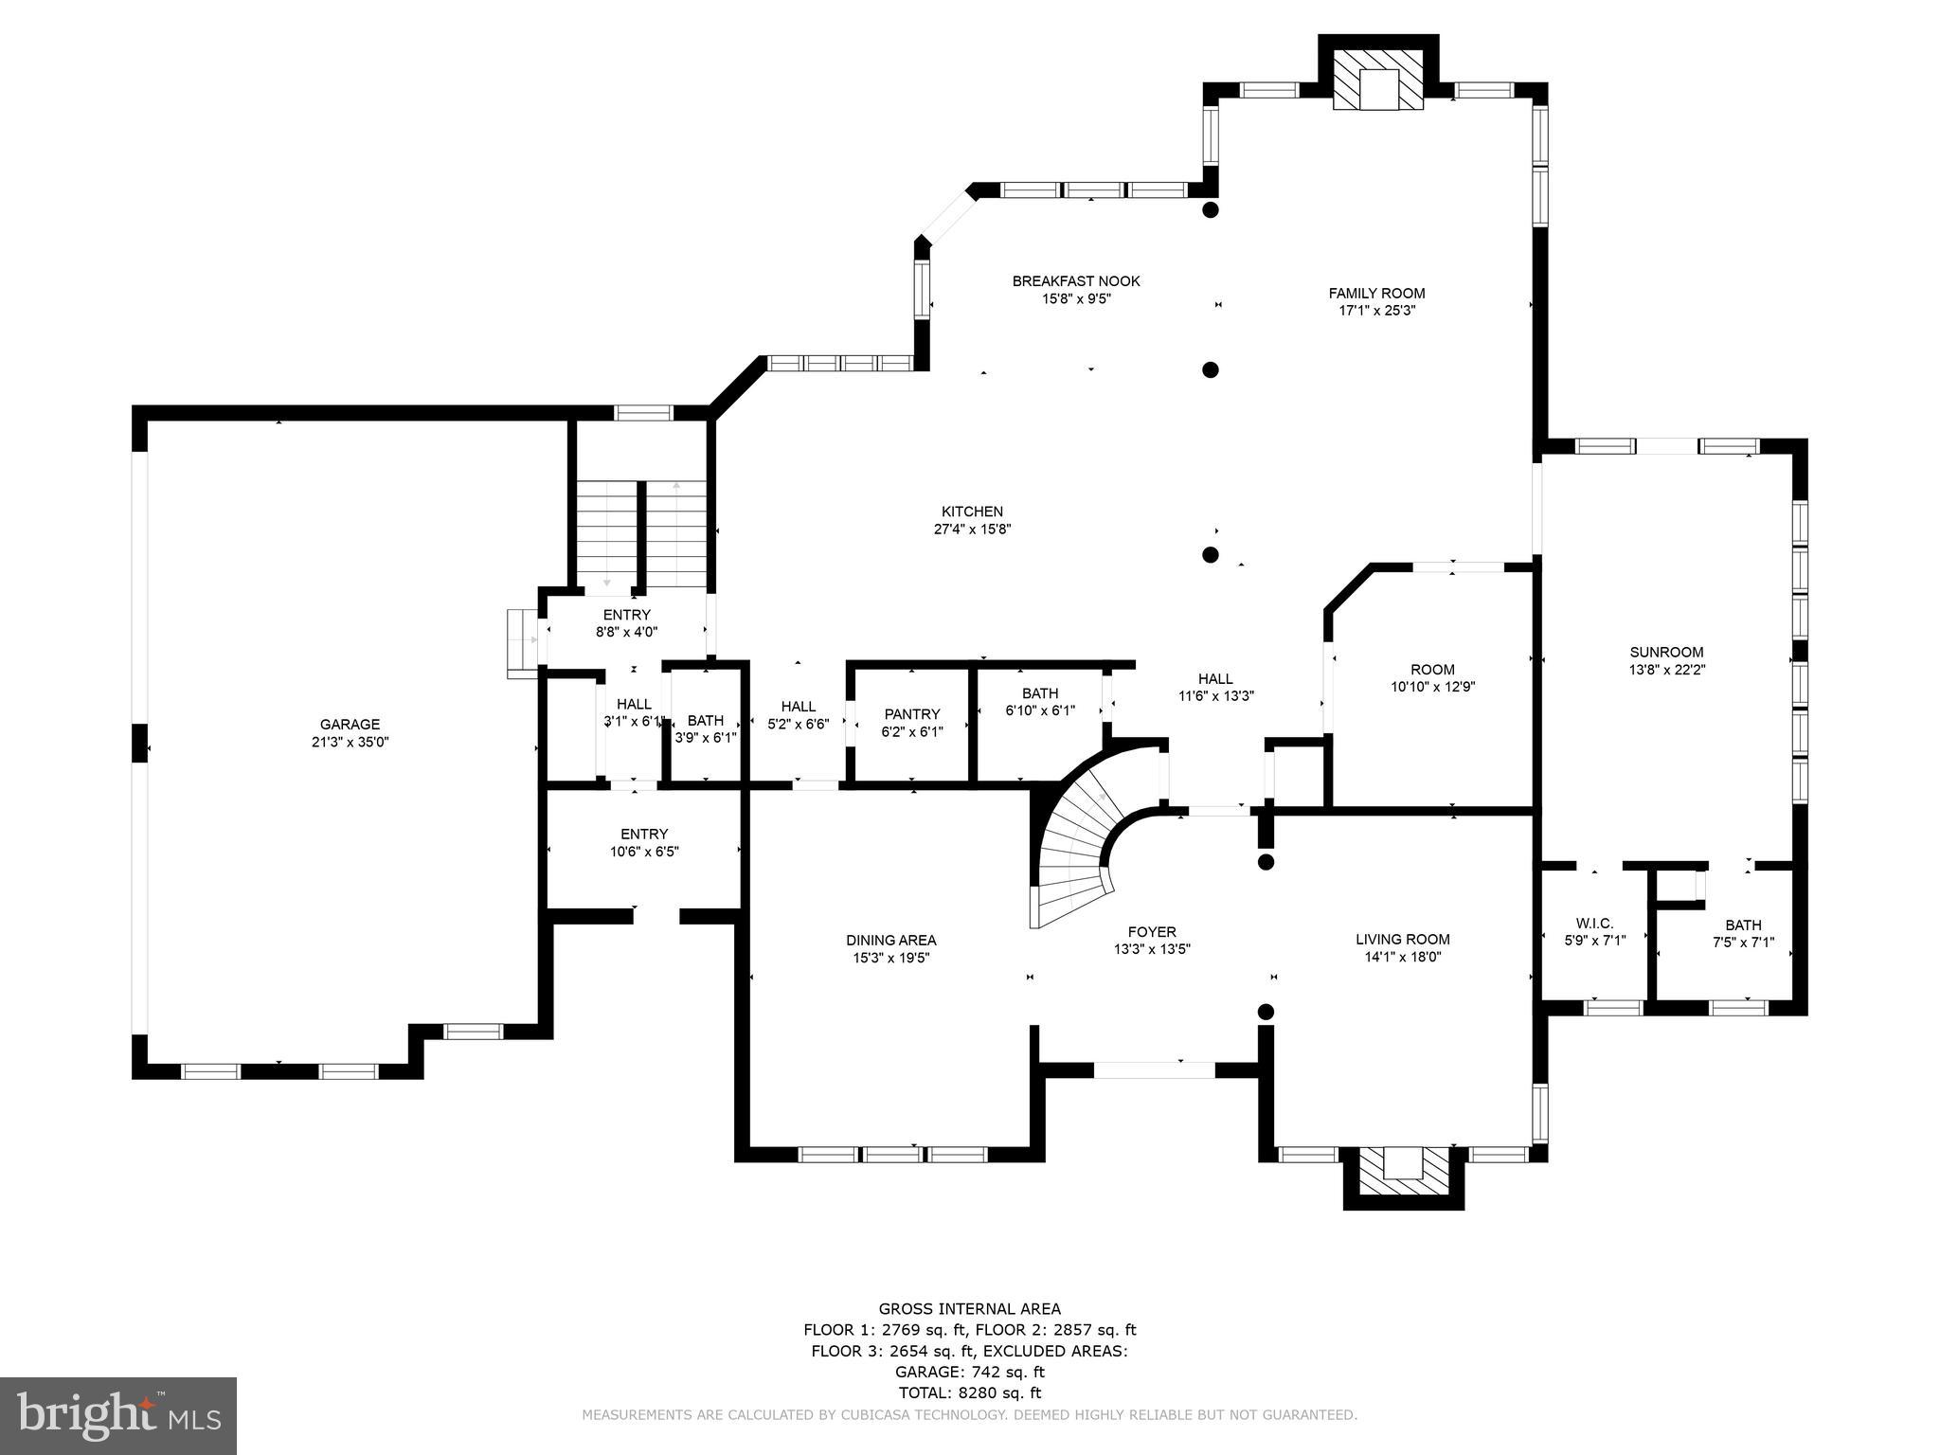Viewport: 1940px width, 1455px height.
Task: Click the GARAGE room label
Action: pyautogui.click(x=350, y=725)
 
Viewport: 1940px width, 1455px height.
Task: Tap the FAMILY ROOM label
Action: pyautogui.click(x=1376, y=294)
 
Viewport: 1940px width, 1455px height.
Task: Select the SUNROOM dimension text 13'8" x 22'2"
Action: pyautogui.click(x=1666, y=669)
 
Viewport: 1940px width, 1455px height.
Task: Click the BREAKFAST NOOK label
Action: pyautogui.click(x=1076, y=281)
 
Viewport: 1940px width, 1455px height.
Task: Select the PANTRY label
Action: pyautogui.click(x=912, y=714)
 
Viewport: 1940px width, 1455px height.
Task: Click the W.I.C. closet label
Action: pyautogui.click(x=1594, y=924)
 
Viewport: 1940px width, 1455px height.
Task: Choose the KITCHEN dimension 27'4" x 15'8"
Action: pyautogui.click(x=973, y=530)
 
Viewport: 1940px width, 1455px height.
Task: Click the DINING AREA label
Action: pyautogui.click(x=890, y=940)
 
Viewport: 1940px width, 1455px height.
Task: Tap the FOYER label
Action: pyautogui.click(x=1152, y=932)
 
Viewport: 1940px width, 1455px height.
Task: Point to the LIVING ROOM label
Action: pyautogui.click(x=1402, y=940)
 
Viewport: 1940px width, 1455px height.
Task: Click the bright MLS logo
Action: pyautogui.click(x=118, y=1415)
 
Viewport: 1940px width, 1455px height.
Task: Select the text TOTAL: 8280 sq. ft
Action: pyautogui.click(x=969, y=1392)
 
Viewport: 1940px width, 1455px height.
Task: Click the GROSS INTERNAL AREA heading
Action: pyautogui.click(x=969, y=1309)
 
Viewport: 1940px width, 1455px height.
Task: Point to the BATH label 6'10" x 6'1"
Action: pyautogui.click(x=1040, y=693)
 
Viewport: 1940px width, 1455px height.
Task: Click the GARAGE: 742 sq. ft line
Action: pyautogui.click(x=969, y=1372)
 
